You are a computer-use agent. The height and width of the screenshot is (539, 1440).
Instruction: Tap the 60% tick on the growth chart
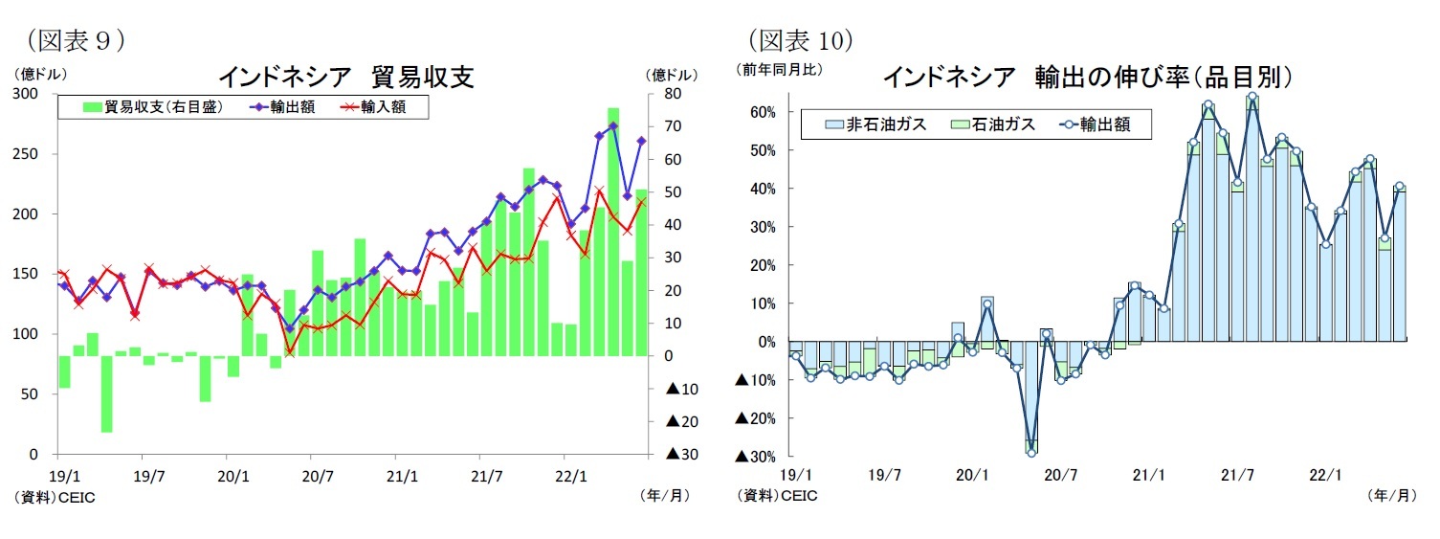click(x=763, y=112)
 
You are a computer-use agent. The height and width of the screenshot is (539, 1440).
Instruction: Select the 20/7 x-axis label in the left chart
click(x=318, y=474)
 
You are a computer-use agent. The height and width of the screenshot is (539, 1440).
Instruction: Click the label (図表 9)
click(x=77, y=40)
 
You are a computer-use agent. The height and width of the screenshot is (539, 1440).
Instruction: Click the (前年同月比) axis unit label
click(x=779, y=70)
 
